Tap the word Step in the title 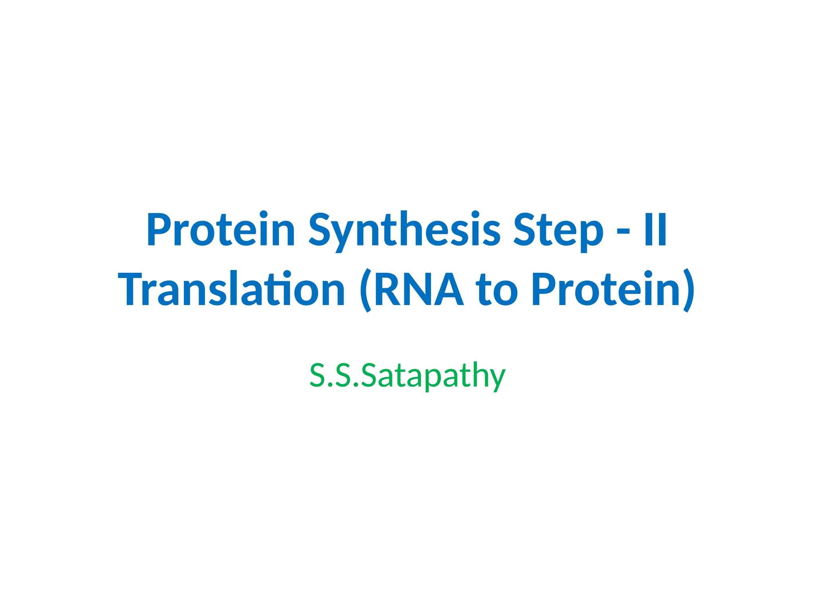(x=558, y=230)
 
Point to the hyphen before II (x=623, y=232)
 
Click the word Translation (x=232, y=289)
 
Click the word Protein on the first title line (x=221, y=230)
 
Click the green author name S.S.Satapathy (x=407, y=376)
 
